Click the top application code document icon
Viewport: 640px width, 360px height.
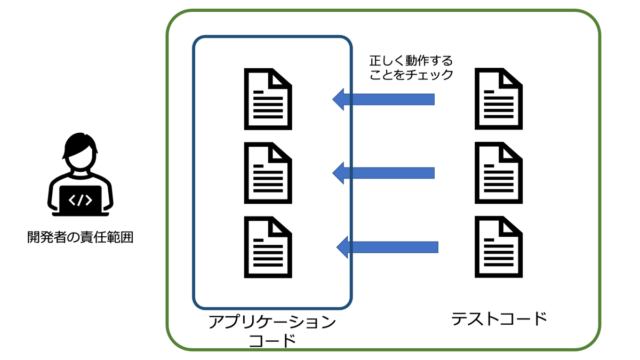coord(268,99)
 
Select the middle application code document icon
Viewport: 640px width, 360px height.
coord(268,173)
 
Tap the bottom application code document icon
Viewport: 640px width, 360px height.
coord(268,247)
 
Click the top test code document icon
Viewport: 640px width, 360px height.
coord(499,99)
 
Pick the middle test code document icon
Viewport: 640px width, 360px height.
coord(499,173)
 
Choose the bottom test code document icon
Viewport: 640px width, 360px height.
coord(499,247)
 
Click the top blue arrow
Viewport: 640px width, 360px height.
coord(383,99)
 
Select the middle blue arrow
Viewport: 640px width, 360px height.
coord(383,173)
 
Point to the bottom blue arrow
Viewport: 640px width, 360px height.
coord(387,247)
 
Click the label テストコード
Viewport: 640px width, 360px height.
coord(499,319)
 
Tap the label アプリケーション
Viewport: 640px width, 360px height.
coord(273,322)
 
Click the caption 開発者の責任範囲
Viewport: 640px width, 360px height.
coord(81,237)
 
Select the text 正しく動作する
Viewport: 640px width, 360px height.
coord(411,61)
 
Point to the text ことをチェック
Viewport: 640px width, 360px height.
coord(411,75)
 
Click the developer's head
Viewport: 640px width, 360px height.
coord(80,151)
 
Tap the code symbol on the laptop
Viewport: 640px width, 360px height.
coord(81,201)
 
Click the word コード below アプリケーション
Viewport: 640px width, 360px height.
coord(273,341)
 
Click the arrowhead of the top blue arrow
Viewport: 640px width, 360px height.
coord(338,99)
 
